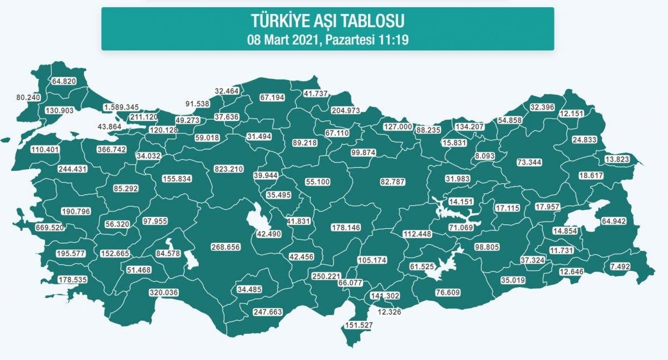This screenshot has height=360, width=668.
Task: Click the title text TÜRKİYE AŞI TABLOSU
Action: pos(327,21)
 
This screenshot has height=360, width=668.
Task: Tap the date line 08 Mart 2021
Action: pos(327,40)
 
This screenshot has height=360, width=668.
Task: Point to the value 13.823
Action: pos(620,160)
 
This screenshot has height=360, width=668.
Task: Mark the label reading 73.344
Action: pos(529,162)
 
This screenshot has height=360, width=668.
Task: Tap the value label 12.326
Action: pos(389,313)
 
